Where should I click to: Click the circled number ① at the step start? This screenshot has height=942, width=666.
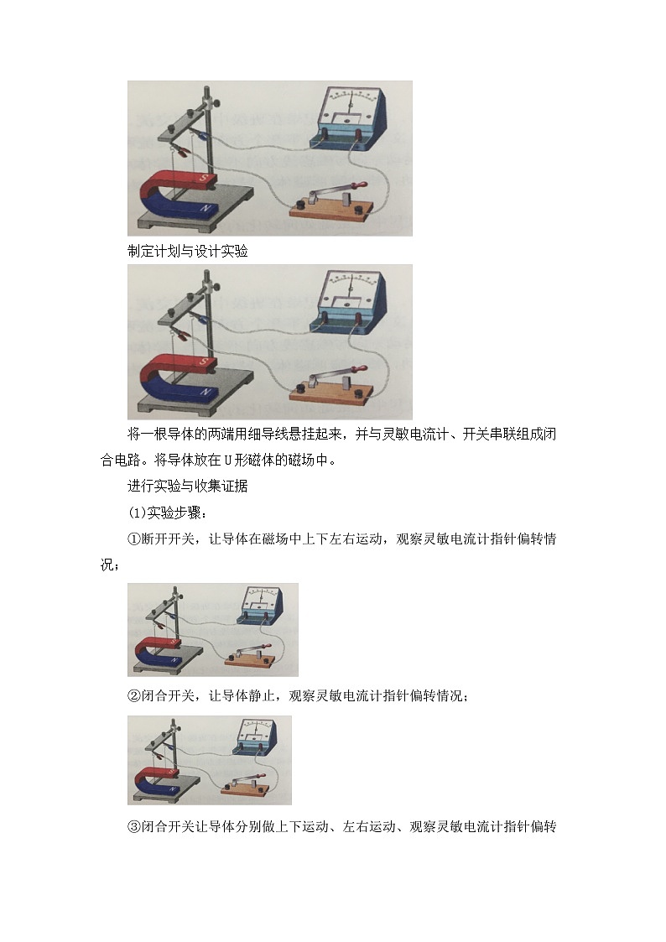pos(134,539)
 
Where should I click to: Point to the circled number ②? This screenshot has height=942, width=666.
pos(134,695)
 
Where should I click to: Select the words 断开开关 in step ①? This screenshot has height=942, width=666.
pos(168,539)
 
